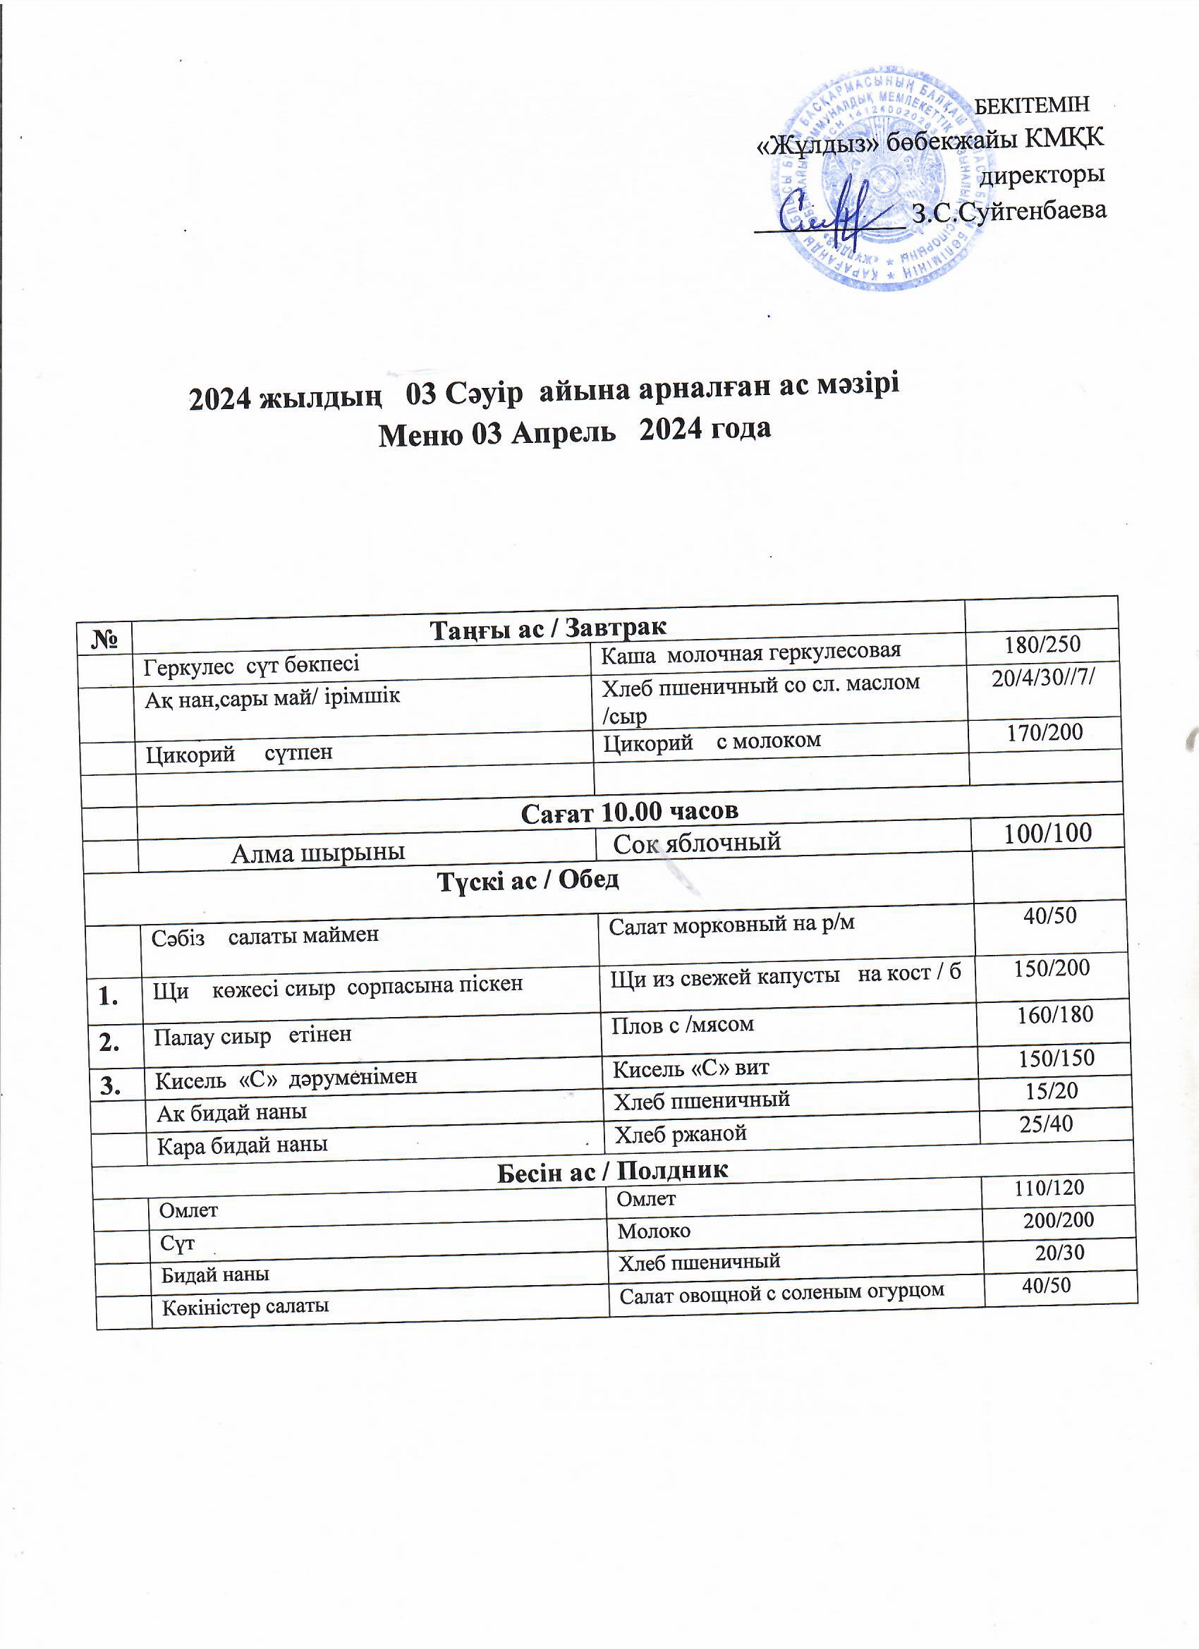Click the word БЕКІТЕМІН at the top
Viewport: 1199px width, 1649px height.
pos(1032,105)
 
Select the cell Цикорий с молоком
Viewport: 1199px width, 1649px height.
pos(712,741)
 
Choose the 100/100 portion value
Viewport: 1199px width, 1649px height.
pos(1048,833)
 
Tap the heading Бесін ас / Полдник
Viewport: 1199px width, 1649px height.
pos(612,1171)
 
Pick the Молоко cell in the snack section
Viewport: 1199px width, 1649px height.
pos(654,1231)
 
